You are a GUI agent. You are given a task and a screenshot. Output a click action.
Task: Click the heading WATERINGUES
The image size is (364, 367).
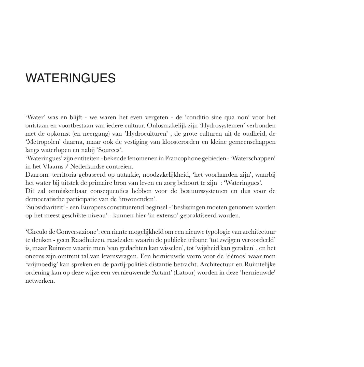[71, 78]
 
